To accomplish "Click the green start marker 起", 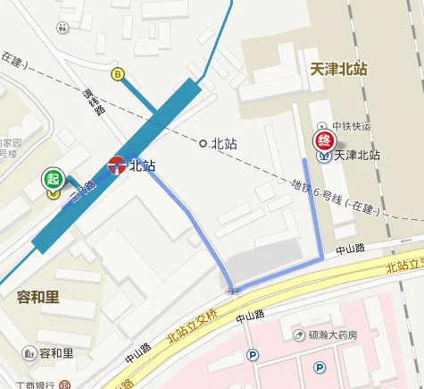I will [x=54, y=178].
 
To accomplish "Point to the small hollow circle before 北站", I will [x=203, y=142].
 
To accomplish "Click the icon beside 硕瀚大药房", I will [x=298, y=334].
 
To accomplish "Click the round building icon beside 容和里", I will [x=29, y=353].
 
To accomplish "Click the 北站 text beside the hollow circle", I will [x=223, y=142].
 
